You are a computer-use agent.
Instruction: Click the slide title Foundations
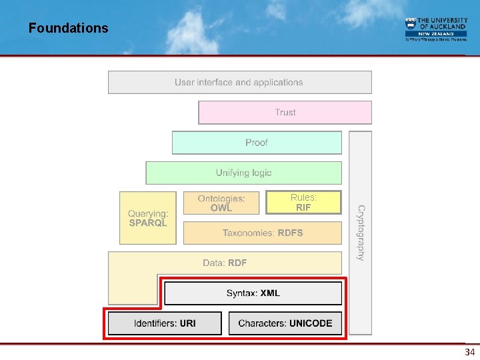(68, 28)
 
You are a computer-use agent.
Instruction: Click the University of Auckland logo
(436, 29)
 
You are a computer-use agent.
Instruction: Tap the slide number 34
(469, 351)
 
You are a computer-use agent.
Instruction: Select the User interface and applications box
(239, 83)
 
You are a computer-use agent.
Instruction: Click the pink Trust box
(285, 113)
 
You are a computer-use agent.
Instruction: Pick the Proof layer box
(257, 143)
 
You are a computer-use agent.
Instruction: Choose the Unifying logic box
(243, 173)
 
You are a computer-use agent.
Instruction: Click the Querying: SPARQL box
(148, 218)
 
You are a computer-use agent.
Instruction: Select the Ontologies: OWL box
(221, 203)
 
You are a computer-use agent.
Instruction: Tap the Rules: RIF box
(303, 203)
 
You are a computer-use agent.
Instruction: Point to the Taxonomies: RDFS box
(262, 233)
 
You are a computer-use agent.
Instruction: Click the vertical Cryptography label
(361, 233)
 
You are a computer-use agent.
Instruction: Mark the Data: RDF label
(225, 263)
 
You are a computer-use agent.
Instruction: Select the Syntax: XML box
(253, 293)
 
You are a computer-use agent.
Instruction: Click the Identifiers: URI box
(165, 323)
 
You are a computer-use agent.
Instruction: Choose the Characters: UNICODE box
(285, 323)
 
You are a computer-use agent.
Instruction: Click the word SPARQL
(148, 223)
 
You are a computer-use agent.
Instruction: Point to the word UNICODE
(310, 323)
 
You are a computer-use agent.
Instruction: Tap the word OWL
(221, 208)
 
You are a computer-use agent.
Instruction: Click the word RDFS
(290, 233)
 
